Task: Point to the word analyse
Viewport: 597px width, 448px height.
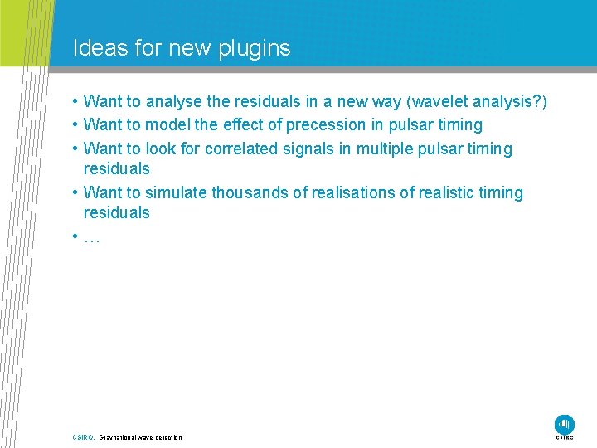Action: pos(175,102)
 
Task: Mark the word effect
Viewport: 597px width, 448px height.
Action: pos(247,125)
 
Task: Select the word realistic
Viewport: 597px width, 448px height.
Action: pos(442,193)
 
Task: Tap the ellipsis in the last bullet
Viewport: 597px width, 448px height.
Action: pos(92,237)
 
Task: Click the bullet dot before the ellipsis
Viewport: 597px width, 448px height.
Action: pos(75,236)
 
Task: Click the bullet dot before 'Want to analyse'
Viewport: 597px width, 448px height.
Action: pos(75,102)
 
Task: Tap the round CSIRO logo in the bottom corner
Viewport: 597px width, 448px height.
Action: pos(565,423)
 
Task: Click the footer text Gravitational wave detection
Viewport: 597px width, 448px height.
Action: pos(140,437)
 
